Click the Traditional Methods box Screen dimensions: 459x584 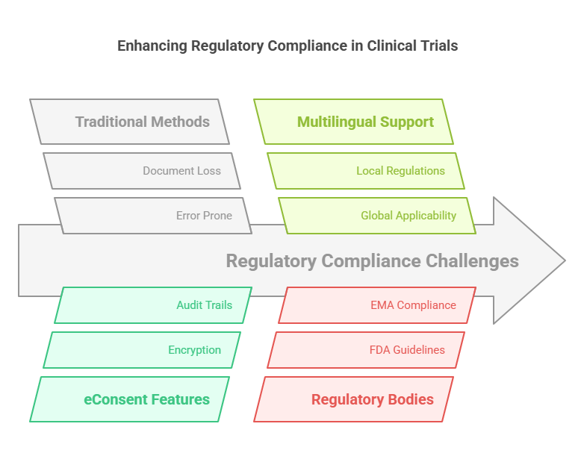130,122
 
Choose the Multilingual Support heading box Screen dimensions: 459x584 354,122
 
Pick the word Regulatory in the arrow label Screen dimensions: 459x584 271,261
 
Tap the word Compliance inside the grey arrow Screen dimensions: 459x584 371,261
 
